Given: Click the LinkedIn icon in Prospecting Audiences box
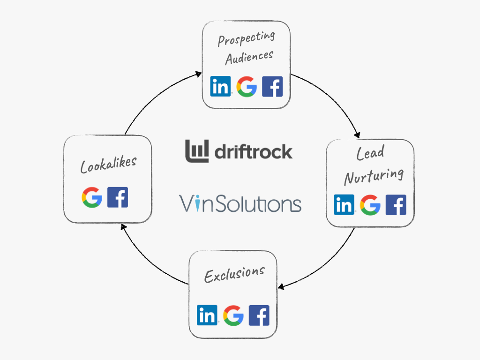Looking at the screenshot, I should [x=220, y=86].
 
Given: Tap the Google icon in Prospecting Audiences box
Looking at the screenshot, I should [x=247, y=86].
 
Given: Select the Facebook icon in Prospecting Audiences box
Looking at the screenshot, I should [x=272, y=86].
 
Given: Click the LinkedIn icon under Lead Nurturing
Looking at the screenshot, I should [x=344, y=205].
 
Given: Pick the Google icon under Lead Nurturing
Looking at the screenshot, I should [x=370, y=205].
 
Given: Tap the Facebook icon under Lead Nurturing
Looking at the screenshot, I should [x=396, y=205].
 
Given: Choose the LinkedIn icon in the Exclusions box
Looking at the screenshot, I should [x=207, y=315].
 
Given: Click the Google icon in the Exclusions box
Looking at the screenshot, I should [x=233, y=315].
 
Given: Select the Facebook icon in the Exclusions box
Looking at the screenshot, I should [x=259, y=315].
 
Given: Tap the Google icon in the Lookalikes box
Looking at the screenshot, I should [x=92, y=197].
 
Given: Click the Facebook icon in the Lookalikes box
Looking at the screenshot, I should [x=118, y=197].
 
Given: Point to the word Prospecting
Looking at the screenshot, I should [x=246, y=37].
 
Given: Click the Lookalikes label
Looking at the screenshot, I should [x=108, y=164].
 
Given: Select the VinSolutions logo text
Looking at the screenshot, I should [x=240, y=204].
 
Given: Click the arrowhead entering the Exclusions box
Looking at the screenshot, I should [x=281, y=286].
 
